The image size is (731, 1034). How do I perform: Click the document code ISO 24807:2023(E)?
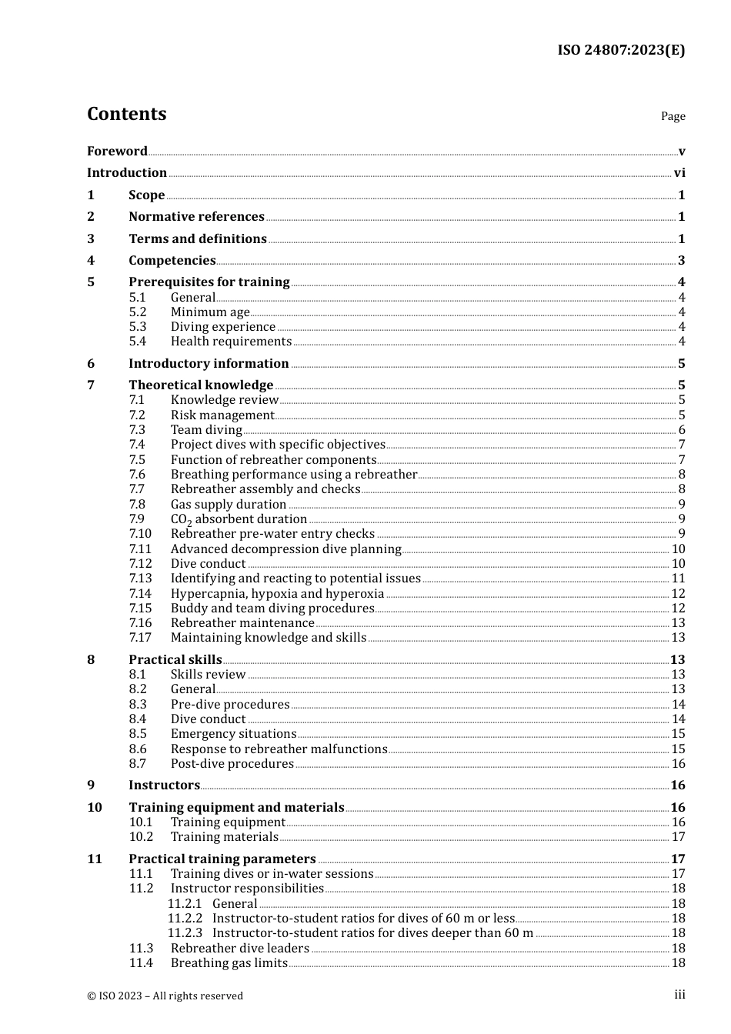620,50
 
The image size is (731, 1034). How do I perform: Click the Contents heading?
126,114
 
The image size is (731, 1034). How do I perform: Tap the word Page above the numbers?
673,116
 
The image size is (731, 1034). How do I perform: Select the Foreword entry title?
117,151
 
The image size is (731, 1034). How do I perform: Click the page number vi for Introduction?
679,173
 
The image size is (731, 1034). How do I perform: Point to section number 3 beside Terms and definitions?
91,238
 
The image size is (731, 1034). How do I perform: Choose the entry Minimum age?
210,312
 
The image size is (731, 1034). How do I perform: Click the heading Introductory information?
209,363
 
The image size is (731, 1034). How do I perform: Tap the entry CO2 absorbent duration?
239,519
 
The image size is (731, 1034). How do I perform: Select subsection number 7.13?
141,579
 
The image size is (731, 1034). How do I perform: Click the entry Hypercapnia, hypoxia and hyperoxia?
277,593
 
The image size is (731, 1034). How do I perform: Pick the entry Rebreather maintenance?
242,623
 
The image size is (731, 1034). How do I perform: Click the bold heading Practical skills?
175,659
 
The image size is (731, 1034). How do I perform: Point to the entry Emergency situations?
233,734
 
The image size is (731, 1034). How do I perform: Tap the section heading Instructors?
164,785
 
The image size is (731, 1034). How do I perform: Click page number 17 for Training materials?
678,837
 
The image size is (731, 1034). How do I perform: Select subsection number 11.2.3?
185,933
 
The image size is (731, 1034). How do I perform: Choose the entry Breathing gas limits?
229,963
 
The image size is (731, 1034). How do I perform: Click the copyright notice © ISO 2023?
165,996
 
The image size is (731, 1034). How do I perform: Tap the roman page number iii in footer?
679,995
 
